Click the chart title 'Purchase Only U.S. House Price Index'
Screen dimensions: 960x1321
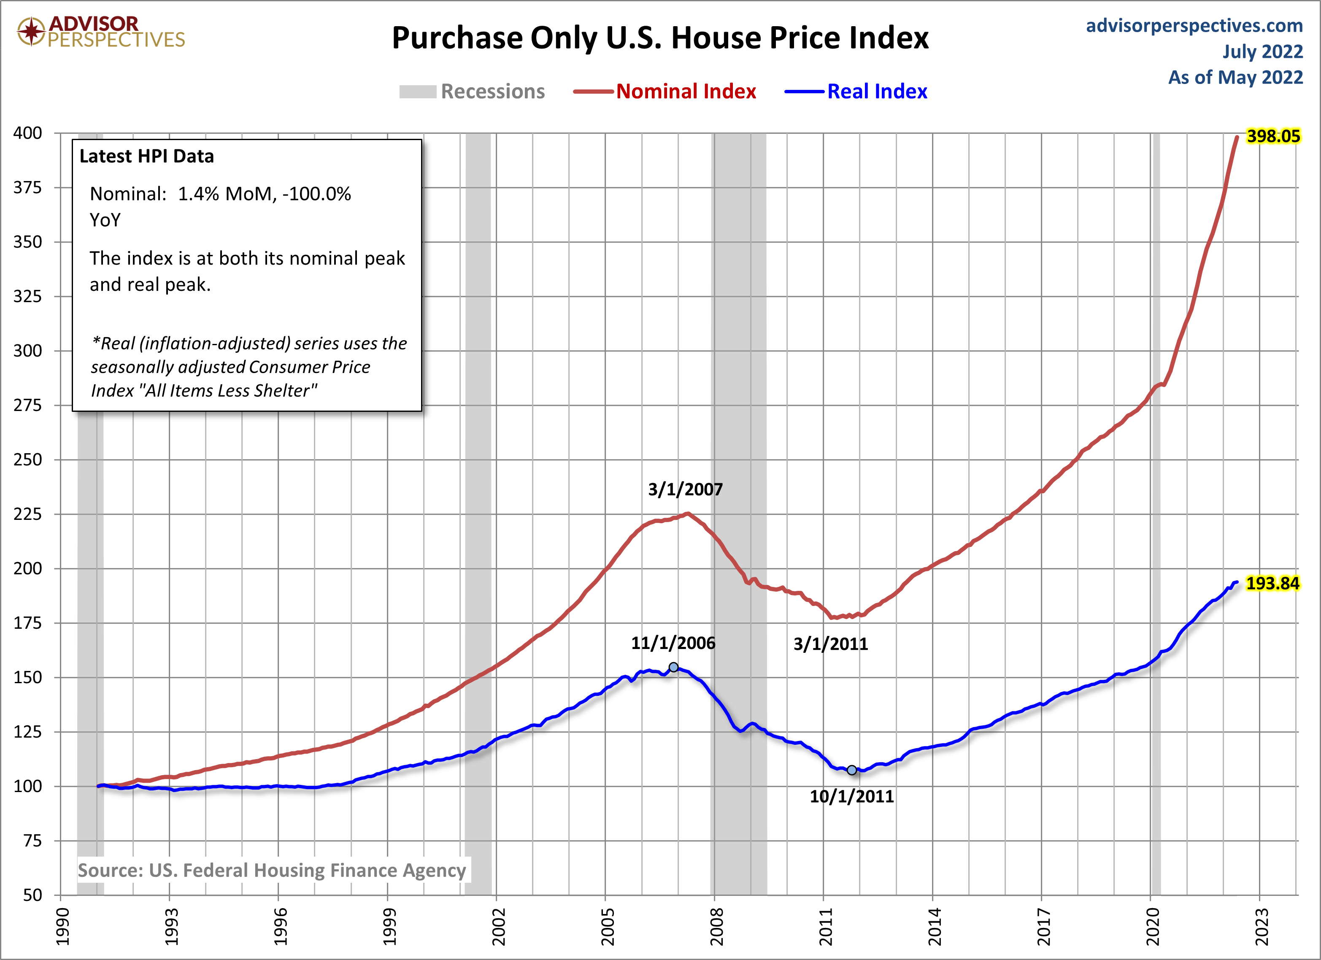(x=660, y=38)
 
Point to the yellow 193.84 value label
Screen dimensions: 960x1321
(x=1272, y=583)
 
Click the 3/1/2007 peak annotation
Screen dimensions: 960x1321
(x=685, y=489)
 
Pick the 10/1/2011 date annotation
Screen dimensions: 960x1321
(x=851, y=796)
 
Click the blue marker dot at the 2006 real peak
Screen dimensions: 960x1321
(x=673, y=667)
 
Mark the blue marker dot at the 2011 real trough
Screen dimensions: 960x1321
(x=851, y=770)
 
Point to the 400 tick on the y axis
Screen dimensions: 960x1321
(x=28, y=133)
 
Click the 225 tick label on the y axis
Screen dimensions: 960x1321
(x=28, y=514)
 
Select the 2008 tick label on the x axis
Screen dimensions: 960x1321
(x=716, y=926)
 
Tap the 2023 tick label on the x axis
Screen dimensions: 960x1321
(x=1261, y=926)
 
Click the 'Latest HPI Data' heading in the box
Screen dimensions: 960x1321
(x=147, y=156)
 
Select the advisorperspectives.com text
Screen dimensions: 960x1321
(x=1194, y=26)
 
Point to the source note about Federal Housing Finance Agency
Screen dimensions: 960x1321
(x=272, y=870)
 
